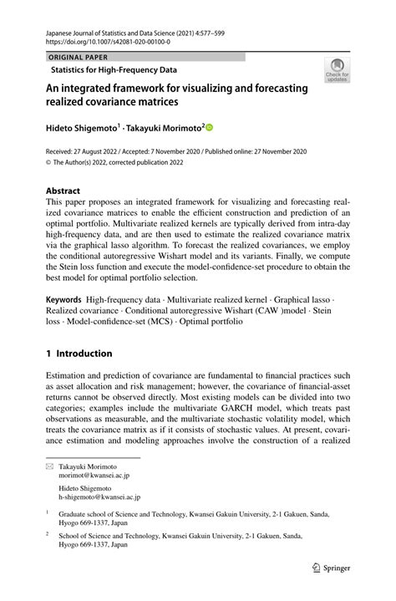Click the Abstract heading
[x=63, y=190]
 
